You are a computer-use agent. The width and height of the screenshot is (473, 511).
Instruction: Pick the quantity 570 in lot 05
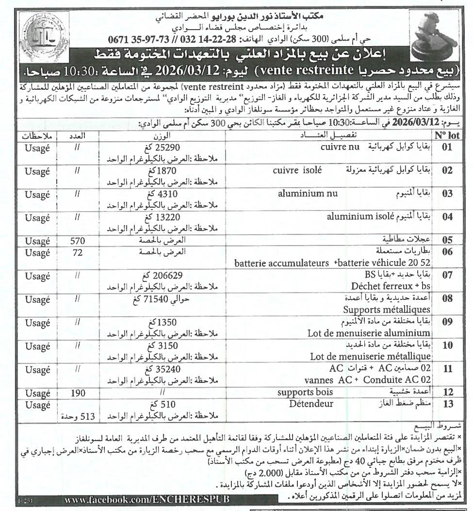point(78,240)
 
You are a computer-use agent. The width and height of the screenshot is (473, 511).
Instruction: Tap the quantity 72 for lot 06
point(78,253)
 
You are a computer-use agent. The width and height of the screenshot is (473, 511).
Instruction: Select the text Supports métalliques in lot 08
point(387,309)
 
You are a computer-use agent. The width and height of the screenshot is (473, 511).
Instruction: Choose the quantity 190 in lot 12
point(78,393)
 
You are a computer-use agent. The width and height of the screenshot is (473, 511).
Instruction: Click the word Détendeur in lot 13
point(311,404)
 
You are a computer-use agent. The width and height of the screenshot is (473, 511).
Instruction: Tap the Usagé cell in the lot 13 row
point(37,404)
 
